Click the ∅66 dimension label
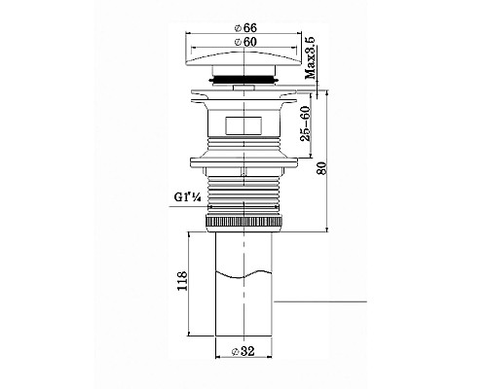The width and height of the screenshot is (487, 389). point(245,28)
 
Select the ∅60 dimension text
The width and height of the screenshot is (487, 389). point(245,42)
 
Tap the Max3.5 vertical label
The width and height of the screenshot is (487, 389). point(311,57)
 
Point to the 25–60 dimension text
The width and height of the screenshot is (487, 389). point(306,124)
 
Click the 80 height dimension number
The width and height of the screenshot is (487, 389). point(321,167)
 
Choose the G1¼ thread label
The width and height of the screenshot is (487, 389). point(187,197)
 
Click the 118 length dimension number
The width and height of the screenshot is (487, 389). point(182,281)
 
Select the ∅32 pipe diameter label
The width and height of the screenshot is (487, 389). point(243,351)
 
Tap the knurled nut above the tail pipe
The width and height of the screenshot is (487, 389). point(243,223)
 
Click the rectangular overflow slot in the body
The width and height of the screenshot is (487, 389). point(243,125)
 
